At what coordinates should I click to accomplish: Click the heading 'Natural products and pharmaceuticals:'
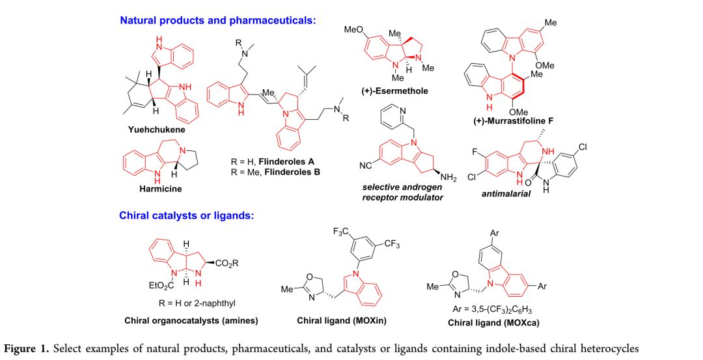click(x=217, y=20)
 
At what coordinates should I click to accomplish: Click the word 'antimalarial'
click(x=505, y=193)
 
